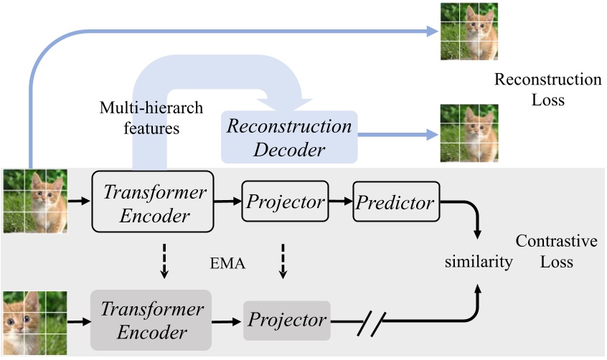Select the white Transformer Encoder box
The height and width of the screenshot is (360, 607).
[x=154, y=202]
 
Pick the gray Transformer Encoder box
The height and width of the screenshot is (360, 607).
[x=151, y=321]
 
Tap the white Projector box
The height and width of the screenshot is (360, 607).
[x=286, y=202]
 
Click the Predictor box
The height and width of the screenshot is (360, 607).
[x=395, y=202]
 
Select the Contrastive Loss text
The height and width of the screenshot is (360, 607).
[x=557, y=252]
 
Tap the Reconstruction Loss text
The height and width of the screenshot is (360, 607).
[x=548, y=90]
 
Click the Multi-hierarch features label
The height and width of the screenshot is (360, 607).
[x=151, y=118]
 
